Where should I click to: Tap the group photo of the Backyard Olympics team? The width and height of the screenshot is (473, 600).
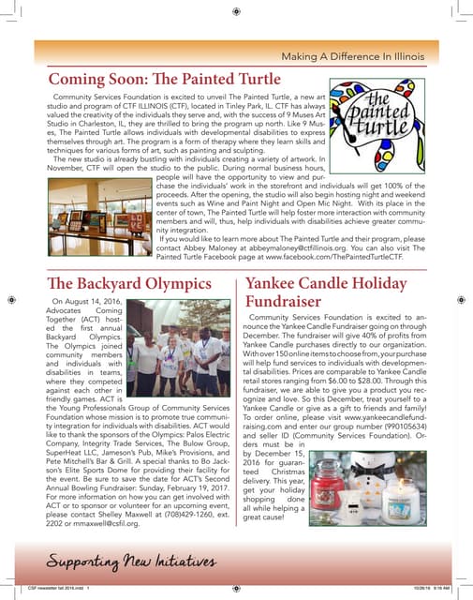(x=179, y=344)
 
